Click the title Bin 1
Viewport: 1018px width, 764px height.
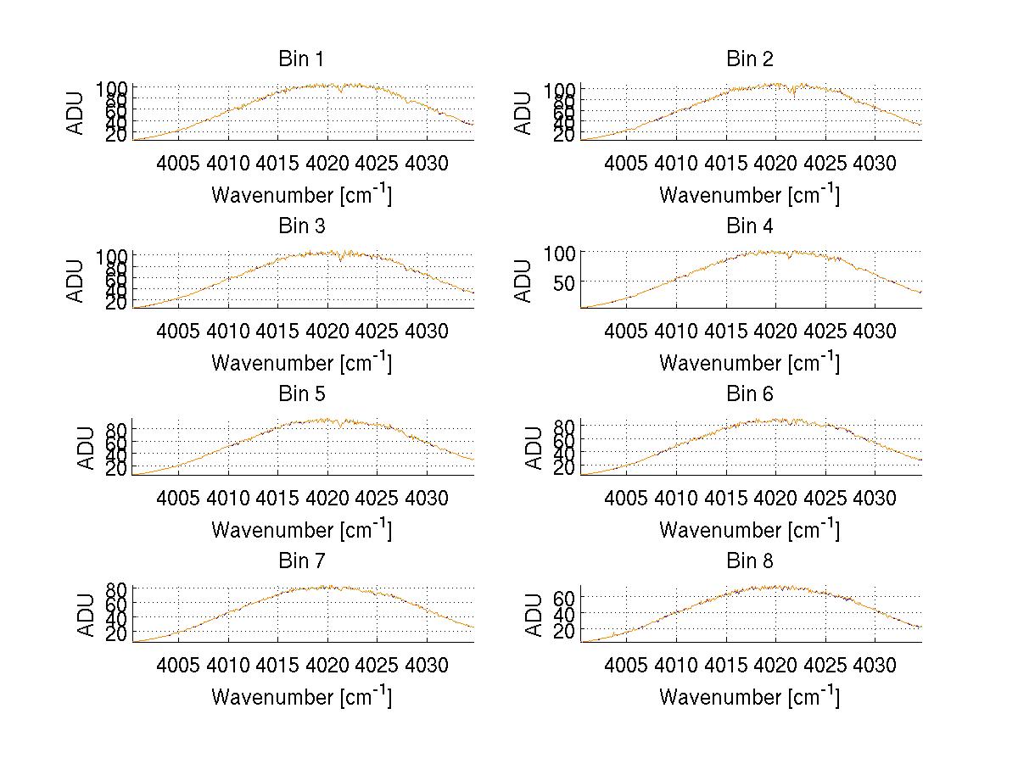coord(301,59)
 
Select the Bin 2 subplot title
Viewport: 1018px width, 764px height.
coord(750,59)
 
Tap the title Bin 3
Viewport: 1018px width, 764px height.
coord(301,226)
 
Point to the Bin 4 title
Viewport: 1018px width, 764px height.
coord(750,226)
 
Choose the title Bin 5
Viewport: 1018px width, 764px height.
coord(301,394)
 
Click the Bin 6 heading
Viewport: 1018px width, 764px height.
coord(750,394)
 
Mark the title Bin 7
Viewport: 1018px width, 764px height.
coord(301,561)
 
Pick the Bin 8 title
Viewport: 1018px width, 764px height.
coord(750,561)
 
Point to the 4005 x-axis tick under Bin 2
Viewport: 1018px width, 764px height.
coord(627,163)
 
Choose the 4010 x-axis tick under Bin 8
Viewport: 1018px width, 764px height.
coord(676,665)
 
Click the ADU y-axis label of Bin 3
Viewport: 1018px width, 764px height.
coord(76,281)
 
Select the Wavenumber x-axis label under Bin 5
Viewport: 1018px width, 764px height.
coord(301,529)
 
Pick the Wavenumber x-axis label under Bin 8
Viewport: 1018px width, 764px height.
coord(750,696)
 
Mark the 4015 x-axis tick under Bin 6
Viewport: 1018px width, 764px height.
coord(725,498)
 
